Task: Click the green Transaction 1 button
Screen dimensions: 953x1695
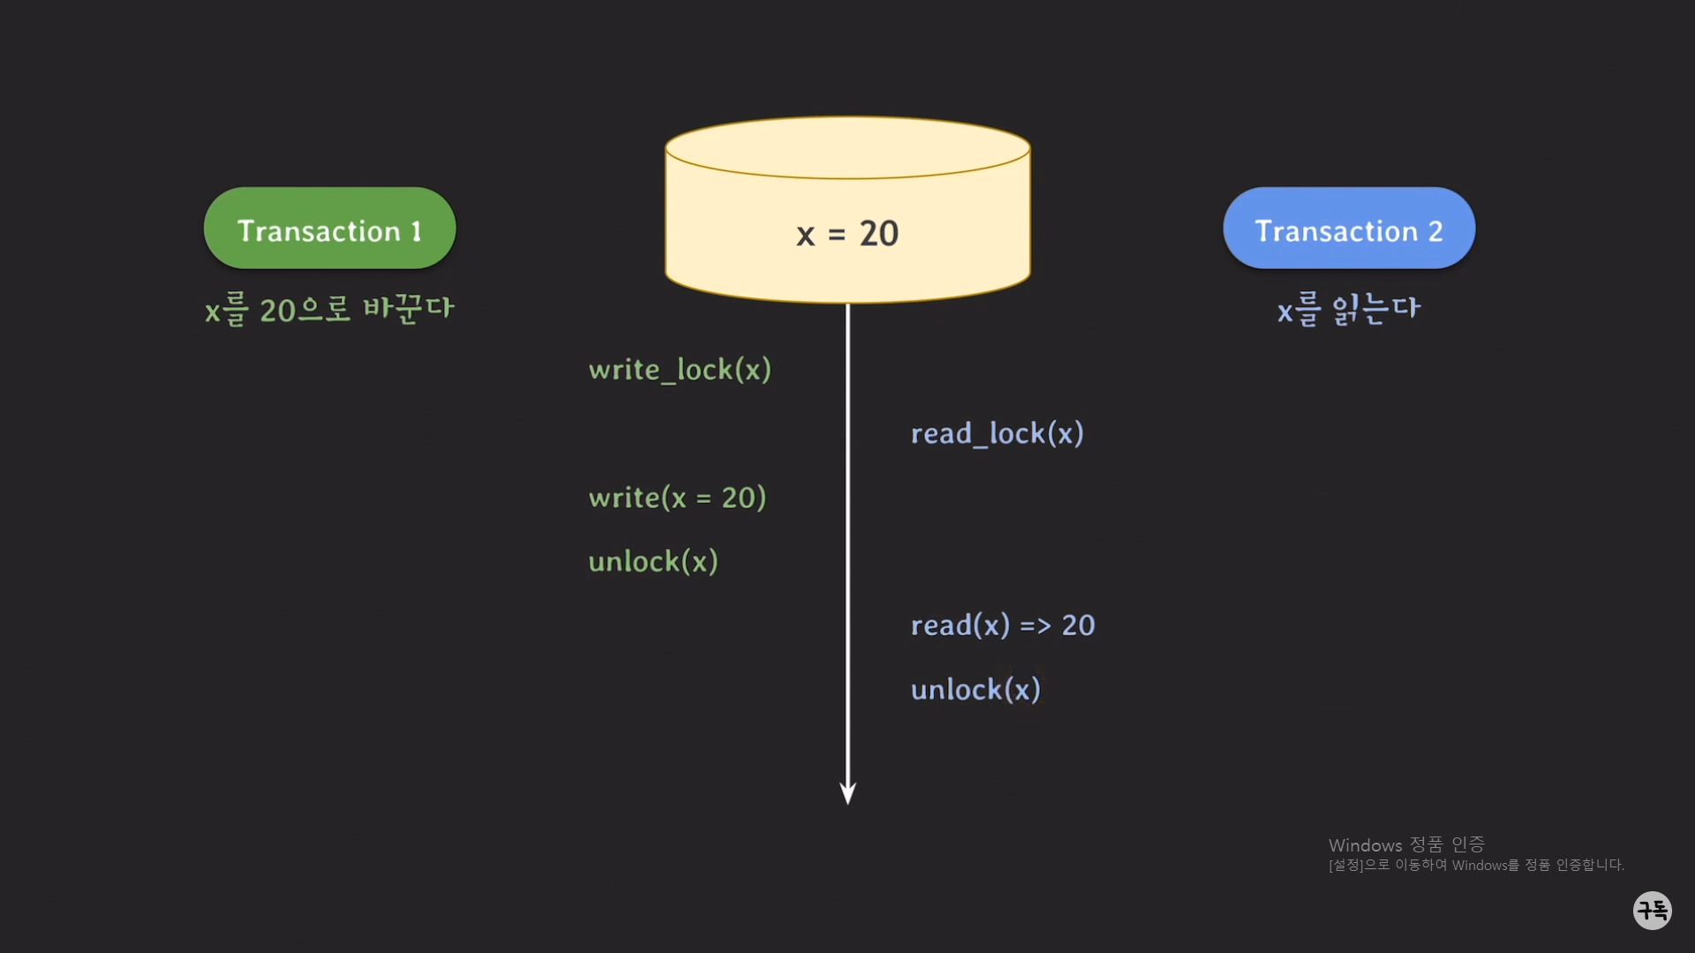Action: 329,229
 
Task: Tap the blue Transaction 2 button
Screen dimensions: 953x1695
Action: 1348,229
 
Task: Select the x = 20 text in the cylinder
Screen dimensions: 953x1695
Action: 847,234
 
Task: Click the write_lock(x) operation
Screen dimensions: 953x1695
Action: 680,370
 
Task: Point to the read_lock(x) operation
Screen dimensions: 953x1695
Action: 997,434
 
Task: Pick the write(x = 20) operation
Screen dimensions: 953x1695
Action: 677,498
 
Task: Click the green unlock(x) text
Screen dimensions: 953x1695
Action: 653,562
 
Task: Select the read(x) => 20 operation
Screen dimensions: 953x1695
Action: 1002,626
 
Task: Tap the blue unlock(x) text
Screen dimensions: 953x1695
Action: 976,690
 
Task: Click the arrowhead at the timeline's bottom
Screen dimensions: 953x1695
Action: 847,793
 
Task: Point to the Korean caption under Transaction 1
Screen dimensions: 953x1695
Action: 329,310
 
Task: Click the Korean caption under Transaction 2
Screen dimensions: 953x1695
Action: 1348,310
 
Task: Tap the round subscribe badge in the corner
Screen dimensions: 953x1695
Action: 1652,910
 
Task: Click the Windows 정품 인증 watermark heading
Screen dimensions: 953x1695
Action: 1406,845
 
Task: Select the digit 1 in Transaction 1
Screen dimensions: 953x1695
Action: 417,231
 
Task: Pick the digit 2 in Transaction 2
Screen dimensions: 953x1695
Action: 1435,231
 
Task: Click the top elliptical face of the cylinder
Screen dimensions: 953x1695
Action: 847,147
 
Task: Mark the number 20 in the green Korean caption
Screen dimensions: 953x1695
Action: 277,311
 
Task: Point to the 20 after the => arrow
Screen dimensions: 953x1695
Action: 1078,626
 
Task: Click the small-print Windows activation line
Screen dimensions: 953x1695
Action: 1476,866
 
